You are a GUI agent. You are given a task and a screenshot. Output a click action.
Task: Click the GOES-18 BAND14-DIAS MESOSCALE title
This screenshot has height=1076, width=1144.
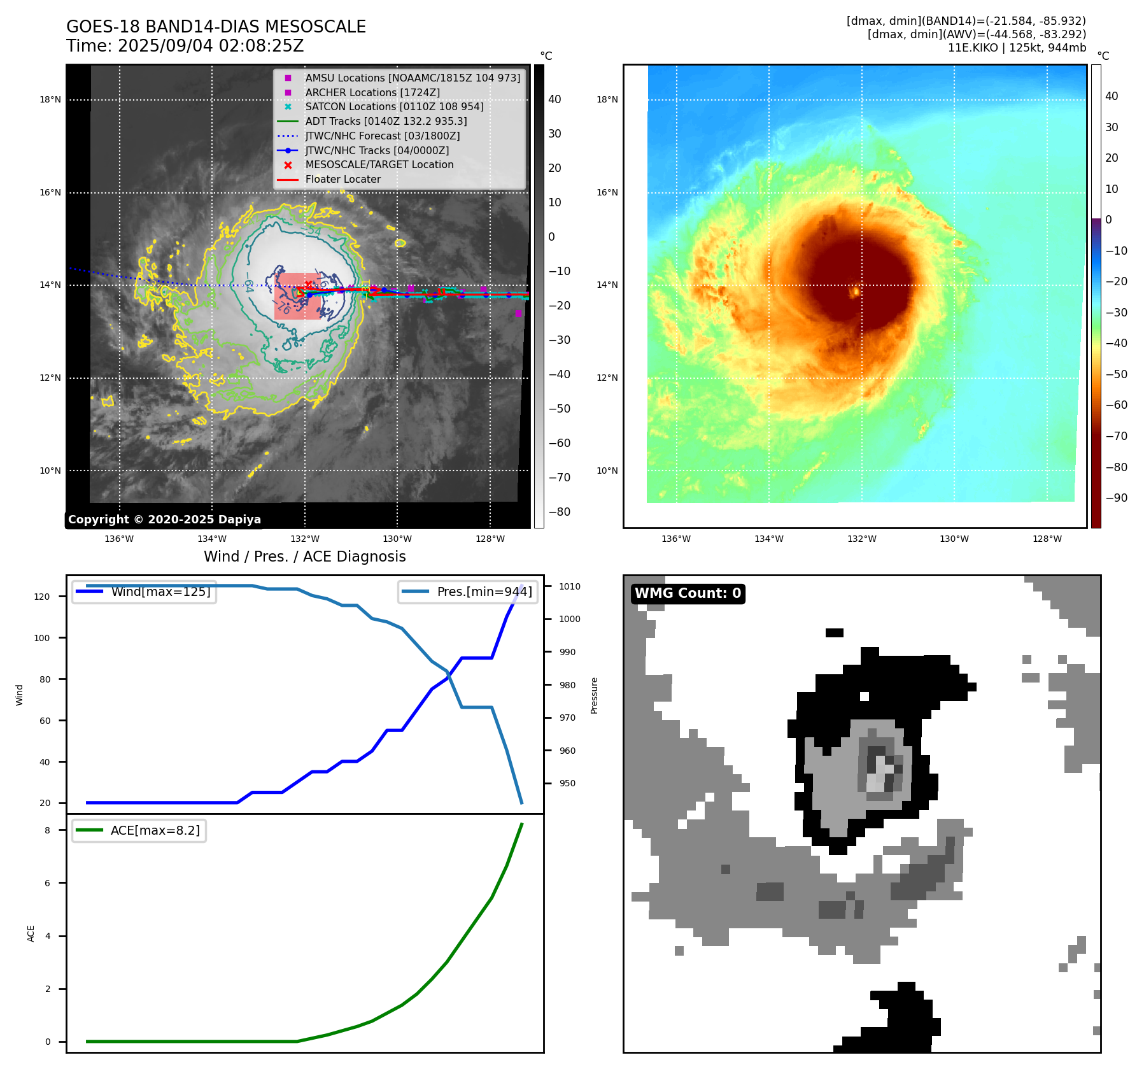216,27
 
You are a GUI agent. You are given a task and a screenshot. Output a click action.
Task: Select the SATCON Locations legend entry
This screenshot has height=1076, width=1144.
394,107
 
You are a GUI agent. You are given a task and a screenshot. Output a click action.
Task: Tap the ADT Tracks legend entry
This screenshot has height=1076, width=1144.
386,121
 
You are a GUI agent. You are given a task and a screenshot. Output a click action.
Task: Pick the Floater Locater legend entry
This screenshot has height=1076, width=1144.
342,180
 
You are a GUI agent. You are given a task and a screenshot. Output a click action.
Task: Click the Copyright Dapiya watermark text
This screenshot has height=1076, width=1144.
164,520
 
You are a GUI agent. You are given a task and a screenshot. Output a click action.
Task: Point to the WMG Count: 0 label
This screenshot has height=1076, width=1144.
688,593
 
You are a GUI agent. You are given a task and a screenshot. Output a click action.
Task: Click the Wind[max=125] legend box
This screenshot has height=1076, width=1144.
144,591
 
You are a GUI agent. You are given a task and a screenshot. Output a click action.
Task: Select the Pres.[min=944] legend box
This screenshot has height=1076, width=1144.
468,591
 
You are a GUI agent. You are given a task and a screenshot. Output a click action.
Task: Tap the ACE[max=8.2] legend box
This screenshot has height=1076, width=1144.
139,830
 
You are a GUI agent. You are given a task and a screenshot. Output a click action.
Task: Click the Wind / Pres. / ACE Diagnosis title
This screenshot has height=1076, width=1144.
304,556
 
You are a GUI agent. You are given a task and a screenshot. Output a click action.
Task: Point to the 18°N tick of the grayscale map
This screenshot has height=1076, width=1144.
50,100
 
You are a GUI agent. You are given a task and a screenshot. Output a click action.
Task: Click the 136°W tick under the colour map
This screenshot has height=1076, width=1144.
676,539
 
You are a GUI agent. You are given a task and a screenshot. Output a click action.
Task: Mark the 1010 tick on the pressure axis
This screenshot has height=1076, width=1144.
570,586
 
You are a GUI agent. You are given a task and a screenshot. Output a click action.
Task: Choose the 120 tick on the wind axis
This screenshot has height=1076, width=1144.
42,597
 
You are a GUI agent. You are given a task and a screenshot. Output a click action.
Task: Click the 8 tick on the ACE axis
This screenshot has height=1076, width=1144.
47,830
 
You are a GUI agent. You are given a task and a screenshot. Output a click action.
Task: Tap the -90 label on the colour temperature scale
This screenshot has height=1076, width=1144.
1116,498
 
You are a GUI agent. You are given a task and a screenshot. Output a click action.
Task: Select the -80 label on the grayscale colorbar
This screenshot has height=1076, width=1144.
560,512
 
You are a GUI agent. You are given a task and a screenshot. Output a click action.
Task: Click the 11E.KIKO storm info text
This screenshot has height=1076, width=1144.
1017,48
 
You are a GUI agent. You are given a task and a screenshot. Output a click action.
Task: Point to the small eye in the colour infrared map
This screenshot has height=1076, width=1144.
855,292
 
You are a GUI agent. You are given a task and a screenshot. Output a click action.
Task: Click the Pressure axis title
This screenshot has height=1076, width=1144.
594,695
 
